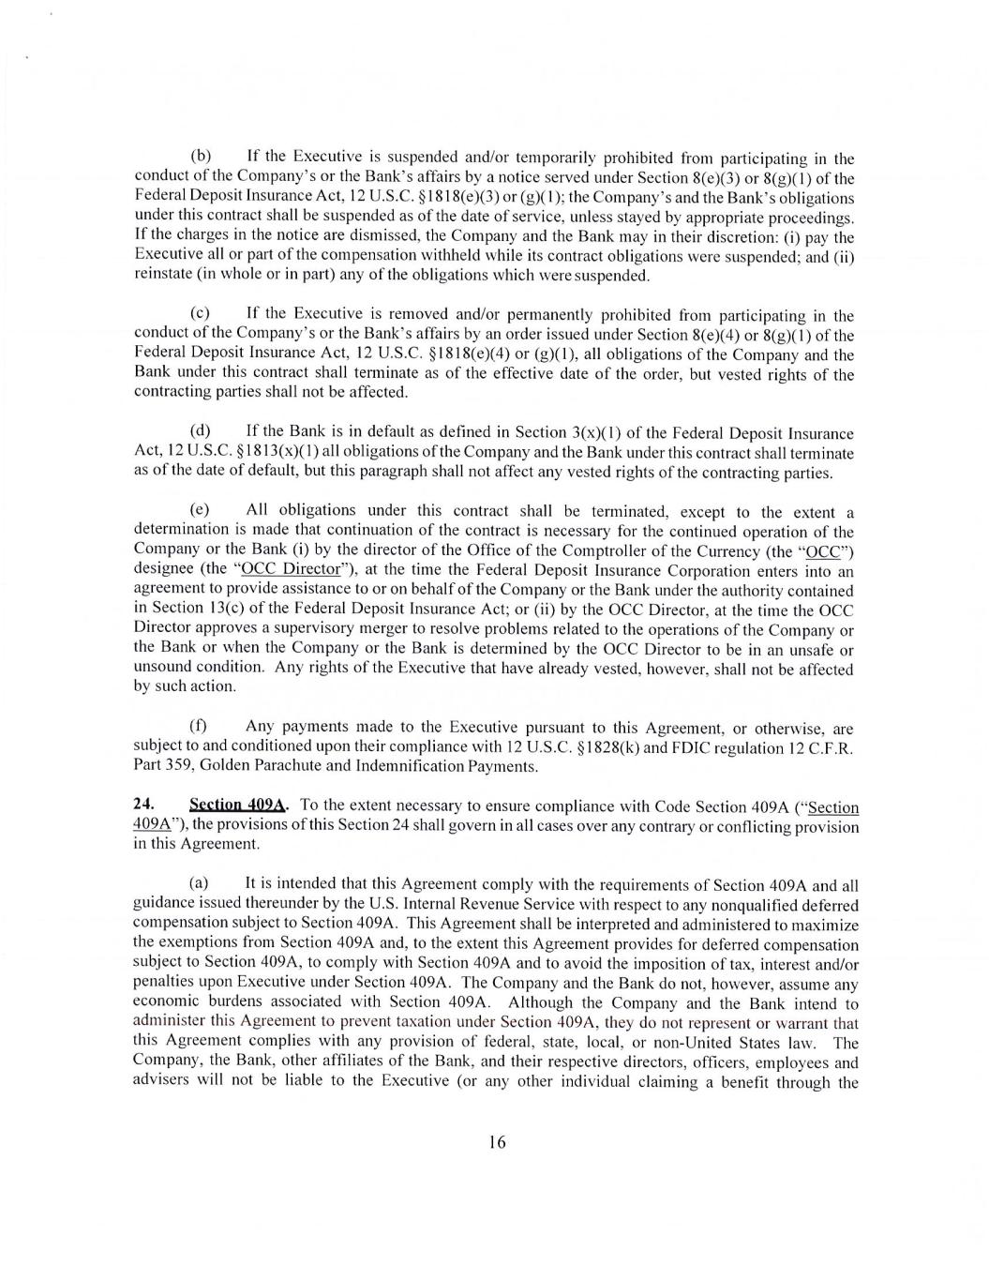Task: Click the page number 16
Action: point(497,1141)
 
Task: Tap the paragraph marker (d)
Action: point(201,430)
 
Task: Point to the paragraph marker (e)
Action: point(201,510)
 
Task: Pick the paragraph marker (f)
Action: point(199,726)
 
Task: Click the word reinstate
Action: point(165,275)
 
